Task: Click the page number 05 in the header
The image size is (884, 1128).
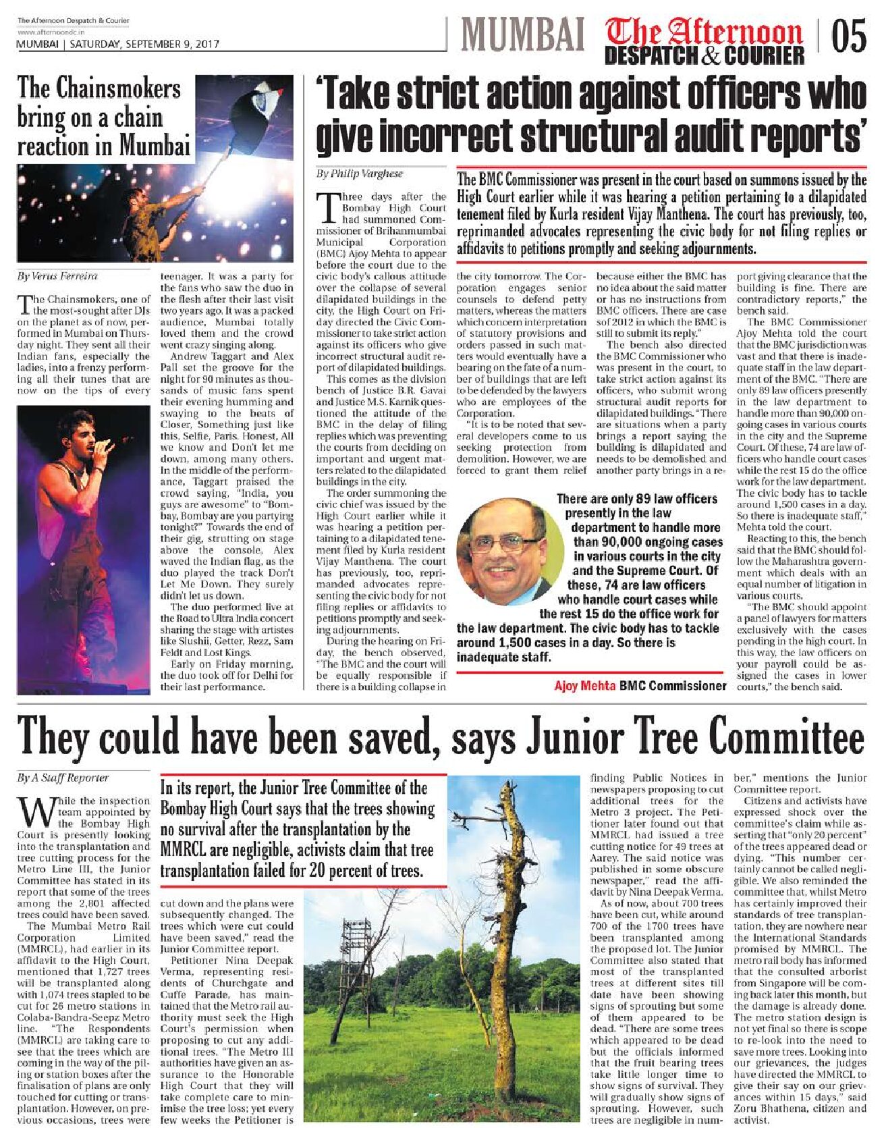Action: click(x=848, y=36)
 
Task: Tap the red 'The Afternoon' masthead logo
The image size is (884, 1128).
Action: click(x=704, y=32)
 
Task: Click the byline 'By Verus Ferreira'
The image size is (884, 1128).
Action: click(x=57, y=276)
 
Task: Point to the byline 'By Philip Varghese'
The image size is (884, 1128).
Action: click(x=360, y=173)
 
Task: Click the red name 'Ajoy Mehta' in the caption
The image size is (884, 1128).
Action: click(x=584, y=686)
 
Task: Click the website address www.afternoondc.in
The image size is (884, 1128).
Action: click(x=51, y=32)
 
